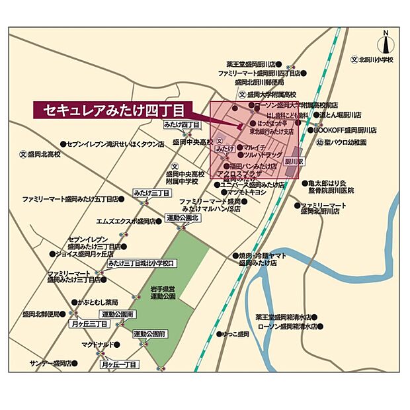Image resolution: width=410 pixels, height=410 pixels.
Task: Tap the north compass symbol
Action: click(386, 44)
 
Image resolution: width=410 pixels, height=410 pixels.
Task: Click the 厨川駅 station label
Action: click(294, 161)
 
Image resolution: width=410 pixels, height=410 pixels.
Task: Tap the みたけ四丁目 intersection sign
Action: click(182, 124)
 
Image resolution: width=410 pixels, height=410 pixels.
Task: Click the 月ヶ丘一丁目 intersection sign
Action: click(119, 364)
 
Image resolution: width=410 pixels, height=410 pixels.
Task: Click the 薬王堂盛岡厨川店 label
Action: click(258, 64)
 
